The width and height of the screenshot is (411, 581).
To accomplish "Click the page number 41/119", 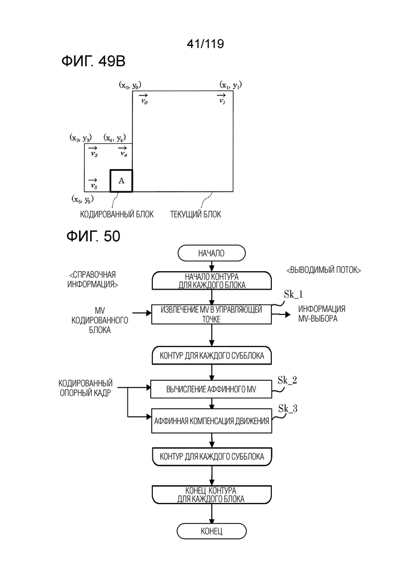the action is point(205,44).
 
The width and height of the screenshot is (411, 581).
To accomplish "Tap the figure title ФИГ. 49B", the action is point(93,62).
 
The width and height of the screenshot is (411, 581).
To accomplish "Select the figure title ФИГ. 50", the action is point(93,236).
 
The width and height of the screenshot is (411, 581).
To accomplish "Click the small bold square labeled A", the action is point(121,181).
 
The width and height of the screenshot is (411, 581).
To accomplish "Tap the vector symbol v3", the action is point(93,152).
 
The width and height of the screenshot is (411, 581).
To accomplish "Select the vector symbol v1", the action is point(222,99).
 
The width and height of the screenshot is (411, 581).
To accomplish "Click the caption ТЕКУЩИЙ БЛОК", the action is point(195,214).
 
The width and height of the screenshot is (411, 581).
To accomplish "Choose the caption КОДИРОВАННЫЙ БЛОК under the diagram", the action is point(117,214).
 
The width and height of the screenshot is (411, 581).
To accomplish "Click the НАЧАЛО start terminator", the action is point(212,253).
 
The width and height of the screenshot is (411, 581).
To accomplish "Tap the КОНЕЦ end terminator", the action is point(212,531).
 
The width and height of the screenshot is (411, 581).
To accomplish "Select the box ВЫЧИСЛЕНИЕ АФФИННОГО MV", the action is point(211,389).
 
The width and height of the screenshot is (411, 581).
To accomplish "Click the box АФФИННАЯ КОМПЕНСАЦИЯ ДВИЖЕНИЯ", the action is point(212,421).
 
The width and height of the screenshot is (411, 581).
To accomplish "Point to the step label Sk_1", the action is point(293,294).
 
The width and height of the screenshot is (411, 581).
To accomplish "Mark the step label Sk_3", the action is point(288,409).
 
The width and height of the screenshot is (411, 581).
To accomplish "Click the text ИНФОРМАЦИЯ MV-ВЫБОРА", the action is point(321,313).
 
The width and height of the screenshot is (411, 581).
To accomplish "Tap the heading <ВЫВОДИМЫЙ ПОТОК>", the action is point(324,270).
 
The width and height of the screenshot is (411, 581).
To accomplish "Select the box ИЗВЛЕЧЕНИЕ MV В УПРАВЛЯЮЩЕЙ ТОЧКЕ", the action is point(211,314).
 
